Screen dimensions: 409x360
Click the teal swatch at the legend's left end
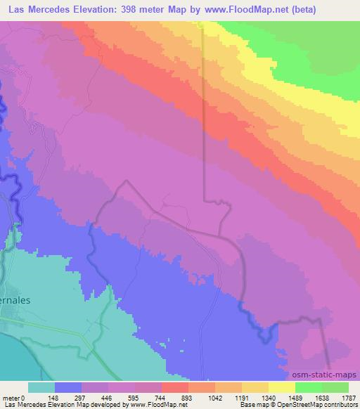tap(41, 387)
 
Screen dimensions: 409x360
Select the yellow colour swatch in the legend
tap(281, 387)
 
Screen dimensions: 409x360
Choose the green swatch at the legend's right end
tap(335, 387)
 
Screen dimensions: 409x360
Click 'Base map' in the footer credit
tap(252, 405)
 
